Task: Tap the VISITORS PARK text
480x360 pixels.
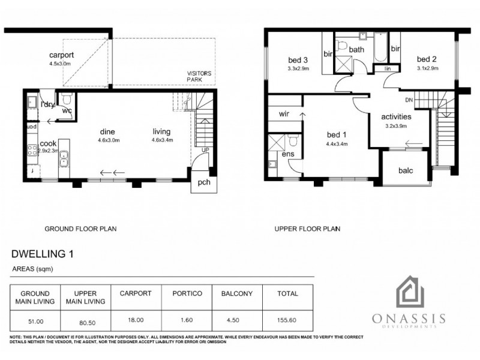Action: pos(199,76)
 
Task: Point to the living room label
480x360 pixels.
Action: pos(161,132)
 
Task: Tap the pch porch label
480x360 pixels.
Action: pos(204,183)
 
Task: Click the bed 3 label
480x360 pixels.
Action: pos(298,59)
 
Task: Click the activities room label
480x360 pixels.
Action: pos(397,116)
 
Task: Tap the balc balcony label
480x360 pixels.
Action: pos(406,170)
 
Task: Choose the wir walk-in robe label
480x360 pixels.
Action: pos(284,114)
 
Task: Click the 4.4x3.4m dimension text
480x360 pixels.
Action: pos(337,144)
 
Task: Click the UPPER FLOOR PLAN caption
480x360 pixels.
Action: pos(307,229)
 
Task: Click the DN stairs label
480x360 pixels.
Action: pos(409,100)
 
